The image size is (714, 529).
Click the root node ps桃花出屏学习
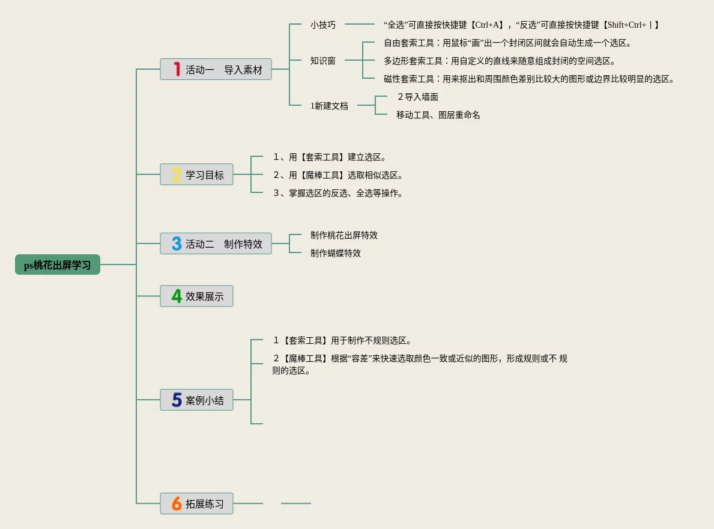coord(58,265)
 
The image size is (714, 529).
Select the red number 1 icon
coord(177,69)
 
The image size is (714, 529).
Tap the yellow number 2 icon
coord(177,174)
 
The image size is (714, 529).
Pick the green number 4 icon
coord(177,296)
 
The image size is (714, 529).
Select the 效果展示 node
coord(204,296)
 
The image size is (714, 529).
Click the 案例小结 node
coord(204,400)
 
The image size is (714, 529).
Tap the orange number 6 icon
coord(177,504)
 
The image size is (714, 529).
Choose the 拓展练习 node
coord(204,504)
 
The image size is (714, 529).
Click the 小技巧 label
coord(323,25)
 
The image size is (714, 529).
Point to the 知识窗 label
coord(323,61)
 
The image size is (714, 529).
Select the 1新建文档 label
coord(329,106)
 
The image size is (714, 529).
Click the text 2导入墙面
coord(417,97)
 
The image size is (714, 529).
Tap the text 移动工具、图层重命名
coord(438,115)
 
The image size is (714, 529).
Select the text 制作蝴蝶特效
coord(336,253)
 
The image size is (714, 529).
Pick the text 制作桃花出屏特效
coord(344,235)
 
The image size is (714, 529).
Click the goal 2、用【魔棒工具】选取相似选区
coord(337,175)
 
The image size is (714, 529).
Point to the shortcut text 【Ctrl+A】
coord(486,25)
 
